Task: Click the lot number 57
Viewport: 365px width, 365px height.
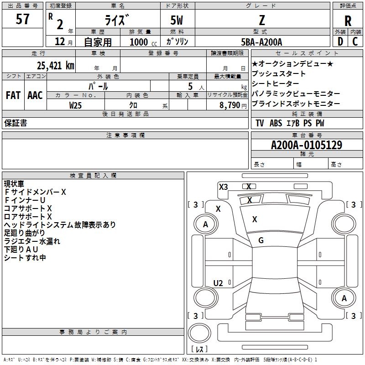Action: (x=22, y=19)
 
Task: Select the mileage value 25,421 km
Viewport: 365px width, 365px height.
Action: (x=56, y=66)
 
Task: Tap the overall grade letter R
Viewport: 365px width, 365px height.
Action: (x=348, y=21)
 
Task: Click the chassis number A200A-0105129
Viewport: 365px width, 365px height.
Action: (x=307, y=145)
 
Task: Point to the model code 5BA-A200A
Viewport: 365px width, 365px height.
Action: (x=261, y=42)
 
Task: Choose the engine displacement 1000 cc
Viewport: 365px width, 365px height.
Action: (x=143, y=42)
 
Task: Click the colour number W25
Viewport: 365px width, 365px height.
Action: (x=75, y=105)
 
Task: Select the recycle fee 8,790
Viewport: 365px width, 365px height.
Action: (x=230, y=105)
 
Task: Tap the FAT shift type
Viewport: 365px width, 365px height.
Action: (x=13, y=95)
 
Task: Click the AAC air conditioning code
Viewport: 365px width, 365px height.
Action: (x=35, y=95)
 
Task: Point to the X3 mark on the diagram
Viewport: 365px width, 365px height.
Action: (x=224, y=187)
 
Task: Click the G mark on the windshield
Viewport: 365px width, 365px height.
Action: (x=261, y=240)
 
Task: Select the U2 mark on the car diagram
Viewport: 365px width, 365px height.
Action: (x=218, y=283)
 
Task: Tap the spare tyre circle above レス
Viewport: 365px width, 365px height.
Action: (x=199, y=333)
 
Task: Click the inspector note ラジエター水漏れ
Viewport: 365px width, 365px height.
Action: (x=32, y=241)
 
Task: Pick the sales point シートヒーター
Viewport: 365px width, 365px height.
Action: (x=276, y=83)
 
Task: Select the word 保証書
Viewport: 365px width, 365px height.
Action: (x=16, y=123)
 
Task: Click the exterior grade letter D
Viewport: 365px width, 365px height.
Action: (x=340, y=42)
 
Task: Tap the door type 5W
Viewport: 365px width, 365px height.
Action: (x=177, y=20)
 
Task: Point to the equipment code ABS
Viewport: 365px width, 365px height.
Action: (x=276, y=123)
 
